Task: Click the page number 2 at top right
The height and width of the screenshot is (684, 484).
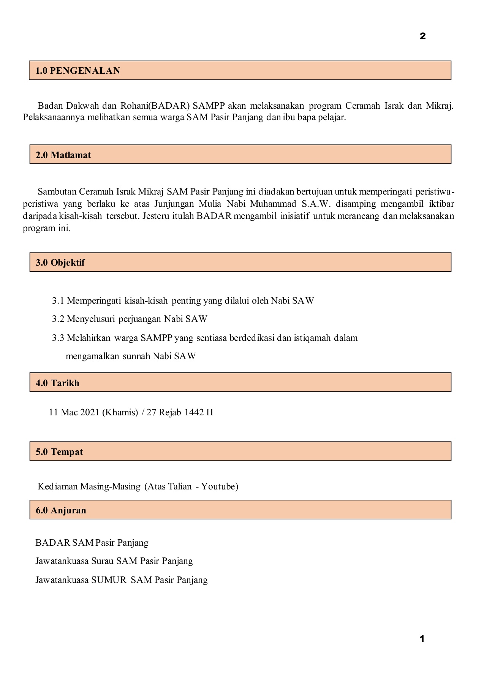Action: (x=422, y=36)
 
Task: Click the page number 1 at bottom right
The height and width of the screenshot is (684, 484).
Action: (x=422, y=639)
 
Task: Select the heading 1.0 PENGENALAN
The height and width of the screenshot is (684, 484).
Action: (x=78, y=71)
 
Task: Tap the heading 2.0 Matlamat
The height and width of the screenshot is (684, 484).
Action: (x=63, y=155)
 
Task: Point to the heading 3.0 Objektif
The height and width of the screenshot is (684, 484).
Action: (x=60, y=263)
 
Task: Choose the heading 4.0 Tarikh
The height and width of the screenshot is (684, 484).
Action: (x=58, y=383)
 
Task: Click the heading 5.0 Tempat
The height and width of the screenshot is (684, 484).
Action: (x=59, y=452)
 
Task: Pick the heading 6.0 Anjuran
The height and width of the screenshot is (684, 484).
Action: (x=61, y=510)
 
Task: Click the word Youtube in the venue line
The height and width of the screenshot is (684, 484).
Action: (x=220, y=486)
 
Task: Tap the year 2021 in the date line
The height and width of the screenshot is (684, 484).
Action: (x=90, y=412)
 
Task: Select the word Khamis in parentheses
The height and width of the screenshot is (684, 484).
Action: (x=120, y=412)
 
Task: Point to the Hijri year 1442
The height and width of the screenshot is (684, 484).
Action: (x=194, y=412)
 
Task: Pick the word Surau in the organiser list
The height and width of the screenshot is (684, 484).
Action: (x=103, y=561)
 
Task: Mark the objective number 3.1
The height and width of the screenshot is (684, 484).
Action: (x=58, y=301)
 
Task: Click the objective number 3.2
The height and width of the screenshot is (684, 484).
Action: (x=58, y=319)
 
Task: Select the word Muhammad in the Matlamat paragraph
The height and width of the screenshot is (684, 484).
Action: (x=273, y=204)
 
